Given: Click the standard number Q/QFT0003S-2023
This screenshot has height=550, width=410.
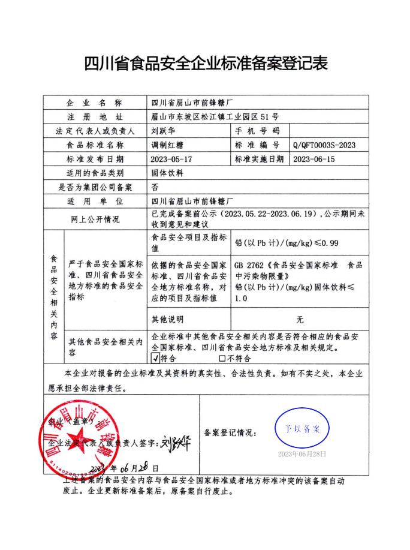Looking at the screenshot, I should point(325,145).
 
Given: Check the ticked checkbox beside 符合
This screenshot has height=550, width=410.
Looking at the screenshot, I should point(155,358).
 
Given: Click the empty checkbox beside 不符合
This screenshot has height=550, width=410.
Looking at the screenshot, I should point(222,358).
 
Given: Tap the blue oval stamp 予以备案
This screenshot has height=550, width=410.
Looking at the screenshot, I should point(302,428).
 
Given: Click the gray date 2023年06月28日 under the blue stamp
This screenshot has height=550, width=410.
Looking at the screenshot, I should point(302,454).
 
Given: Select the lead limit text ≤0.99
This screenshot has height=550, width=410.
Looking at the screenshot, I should point(327,243).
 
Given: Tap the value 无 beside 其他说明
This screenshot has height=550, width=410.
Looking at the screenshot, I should point(300,319).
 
